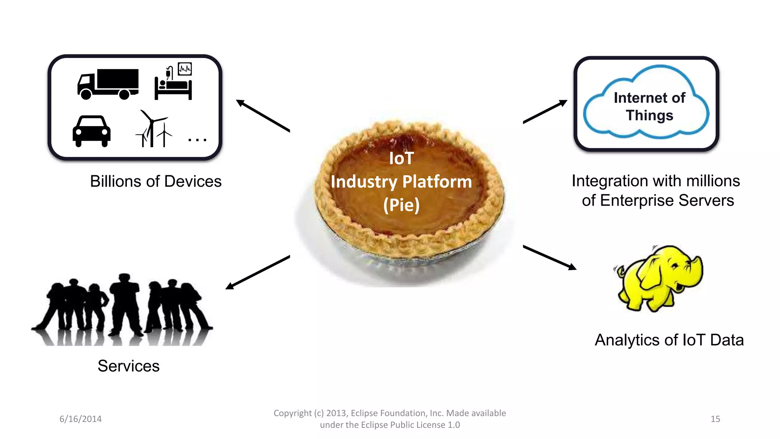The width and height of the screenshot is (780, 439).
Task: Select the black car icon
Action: pos(91,131)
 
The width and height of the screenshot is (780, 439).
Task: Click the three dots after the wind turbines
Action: pos(197,140)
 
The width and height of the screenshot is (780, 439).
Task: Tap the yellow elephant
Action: pos(659,278)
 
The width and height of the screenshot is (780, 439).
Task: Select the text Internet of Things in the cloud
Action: pos(649,106)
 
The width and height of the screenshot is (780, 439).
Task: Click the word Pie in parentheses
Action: pos(401,205)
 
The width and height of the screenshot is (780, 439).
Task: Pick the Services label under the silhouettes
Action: pos(128,366)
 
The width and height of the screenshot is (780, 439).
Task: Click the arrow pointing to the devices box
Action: pos(263,115)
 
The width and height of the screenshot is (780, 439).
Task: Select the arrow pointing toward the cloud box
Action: pos(545,112)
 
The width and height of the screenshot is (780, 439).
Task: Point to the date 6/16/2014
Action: pos(80,419)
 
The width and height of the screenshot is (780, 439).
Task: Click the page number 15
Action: pos(715,419)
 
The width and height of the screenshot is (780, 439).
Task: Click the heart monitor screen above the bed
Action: pos(185,69)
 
